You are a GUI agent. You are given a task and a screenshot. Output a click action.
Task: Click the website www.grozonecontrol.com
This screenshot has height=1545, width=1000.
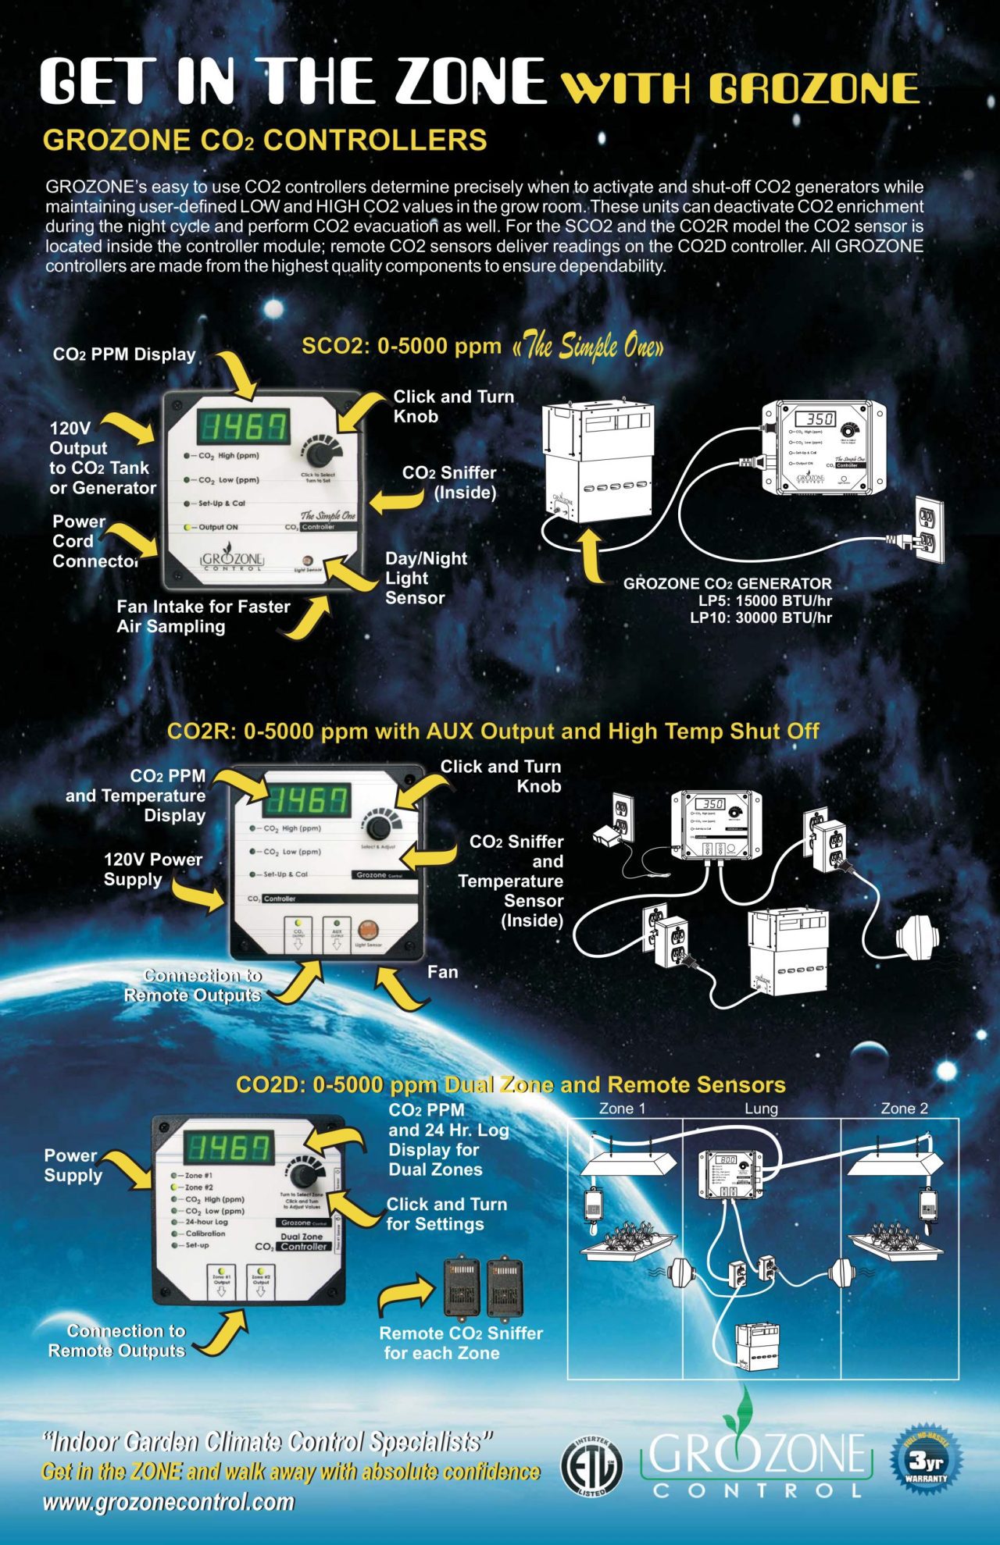[x=169, y=1501]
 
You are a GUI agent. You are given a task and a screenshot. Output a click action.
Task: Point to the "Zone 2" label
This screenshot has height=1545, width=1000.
[x=904, y=1109]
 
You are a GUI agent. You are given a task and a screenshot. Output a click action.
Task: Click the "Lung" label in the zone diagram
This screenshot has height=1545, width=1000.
[x=760, y=1109]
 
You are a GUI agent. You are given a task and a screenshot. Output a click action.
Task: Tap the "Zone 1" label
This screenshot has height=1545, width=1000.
[x=622, y=1109]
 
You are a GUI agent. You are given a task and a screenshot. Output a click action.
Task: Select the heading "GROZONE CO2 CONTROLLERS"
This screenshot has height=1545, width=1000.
[x=265, y=141]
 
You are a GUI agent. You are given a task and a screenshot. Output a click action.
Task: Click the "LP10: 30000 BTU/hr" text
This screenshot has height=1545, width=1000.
[x=760, y=618]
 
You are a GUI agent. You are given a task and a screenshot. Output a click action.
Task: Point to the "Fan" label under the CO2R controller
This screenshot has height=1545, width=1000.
[x=442, y=972]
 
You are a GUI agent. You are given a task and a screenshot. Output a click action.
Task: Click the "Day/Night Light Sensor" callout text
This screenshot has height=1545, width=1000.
[x=425, y=578]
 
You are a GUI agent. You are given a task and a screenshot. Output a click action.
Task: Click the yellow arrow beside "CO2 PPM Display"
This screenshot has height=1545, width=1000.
[x=237, y=374]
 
